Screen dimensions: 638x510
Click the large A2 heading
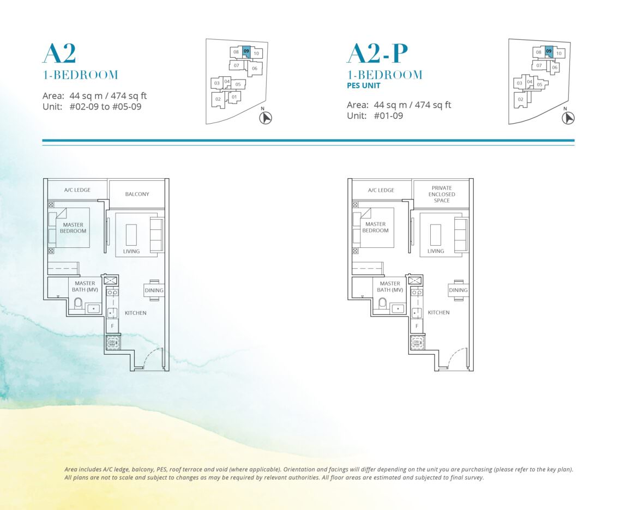59,53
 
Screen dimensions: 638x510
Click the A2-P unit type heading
377,53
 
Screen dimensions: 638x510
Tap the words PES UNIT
363,86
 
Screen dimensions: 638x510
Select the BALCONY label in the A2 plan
137,194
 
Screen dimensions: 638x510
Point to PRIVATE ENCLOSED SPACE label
442,194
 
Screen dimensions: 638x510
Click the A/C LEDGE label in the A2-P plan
381,190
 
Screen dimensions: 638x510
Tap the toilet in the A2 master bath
78,303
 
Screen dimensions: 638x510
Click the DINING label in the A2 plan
154,290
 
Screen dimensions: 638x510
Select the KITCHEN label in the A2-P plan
438,312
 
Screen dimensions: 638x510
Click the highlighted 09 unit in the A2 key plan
246,52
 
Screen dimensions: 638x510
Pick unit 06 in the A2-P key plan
555,68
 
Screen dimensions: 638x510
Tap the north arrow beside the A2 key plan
266,118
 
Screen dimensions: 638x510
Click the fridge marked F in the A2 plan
112,326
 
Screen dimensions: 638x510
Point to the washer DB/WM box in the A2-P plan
417,343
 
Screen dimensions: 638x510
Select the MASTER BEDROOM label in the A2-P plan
375,227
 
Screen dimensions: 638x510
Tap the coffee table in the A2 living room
131,235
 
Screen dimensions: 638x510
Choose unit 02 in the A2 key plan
218,100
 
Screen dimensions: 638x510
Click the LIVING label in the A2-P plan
435,251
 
